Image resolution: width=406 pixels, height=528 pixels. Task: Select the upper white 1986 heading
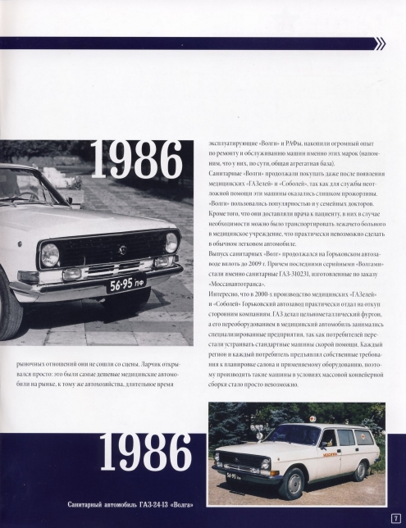pos(136,162)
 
